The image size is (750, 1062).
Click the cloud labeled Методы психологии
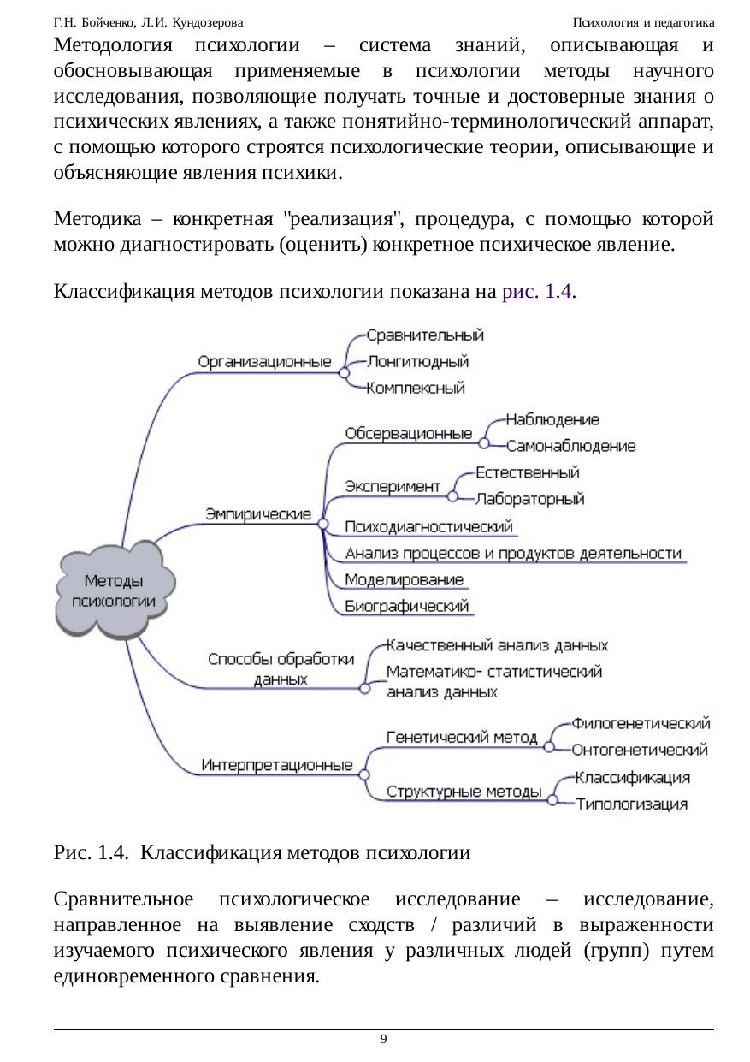point(116,590)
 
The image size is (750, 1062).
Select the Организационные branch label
point(264,361)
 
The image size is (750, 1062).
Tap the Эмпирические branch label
point(257,513)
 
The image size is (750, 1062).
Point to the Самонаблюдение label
point(570,446)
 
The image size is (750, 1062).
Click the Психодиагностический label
point(428,526)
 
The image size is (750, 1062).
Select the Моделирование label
point(404,579)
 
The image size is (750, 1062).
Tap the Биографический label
point(407,607)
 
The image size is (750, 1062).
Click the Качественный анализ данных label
point(497,644)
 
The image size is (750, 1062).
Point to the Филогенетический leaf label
point(641,723)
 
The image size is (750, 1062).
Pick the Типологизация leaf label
point(631,804)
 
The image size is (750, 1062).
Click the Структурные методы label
point(464,791)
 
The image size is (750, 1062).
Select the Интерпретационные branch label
point(276,765)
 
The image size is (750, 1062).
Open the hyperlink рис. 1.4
point(536,292)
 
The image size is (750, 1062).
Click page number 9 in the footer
point(383,1039)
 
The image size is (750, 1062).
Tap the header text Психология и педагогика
point(643,21)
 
